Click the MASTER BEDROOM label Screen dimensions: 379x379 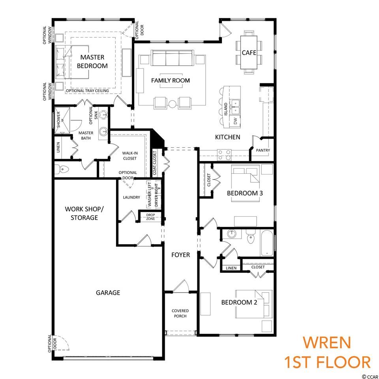coord(92,62)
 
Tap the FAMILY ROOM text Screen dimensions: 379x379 coord(171,81)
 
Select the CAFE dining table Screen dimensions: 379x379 coord(249,52)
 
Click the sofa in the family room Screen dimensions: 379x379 coord(173,58)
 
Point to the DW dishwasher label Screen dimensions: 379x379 coord(236,120)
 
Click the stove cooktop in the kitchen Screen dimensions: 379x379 coord(224,155)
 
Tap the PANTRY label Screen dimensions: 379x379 coord(263,150)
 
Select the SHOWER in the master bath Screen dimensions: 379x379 coord(62,120)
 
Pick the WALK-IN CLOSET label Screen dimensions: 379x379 coord(130,156)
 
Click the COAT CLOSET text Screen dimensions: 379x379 coord(155,163)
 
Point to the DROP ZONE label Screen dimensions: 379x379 coord(150,217)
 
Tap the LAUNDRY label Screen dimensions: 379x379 coord(131,197)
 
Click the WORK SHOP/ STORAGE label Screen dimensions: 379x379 coord(84,213)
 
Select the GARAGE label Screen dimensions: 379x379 coord(108,293)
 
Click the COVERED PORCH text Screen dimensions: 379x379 coord(180,313)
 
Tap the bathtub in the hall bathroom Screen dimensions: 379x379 coord(267,243)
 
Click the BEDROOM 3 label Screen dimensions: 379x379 coord(245,193)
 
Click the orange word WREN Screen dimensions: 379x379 coord(327,342)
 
